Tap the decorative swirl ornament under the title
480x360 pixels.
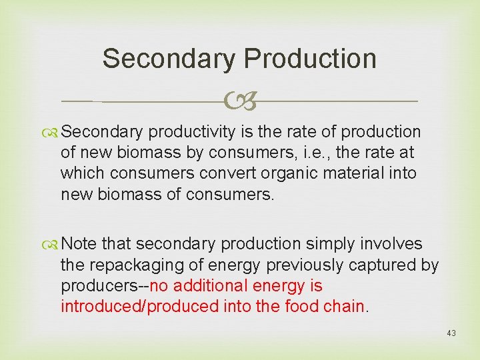tap(240, 102)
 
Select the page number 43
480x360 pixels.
tap(451, 333)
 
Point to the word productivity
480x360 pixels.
tap(201, 132)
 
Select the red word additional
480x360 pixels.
tap(206, 286)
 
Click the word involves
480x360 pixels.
tap(393, 244)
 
